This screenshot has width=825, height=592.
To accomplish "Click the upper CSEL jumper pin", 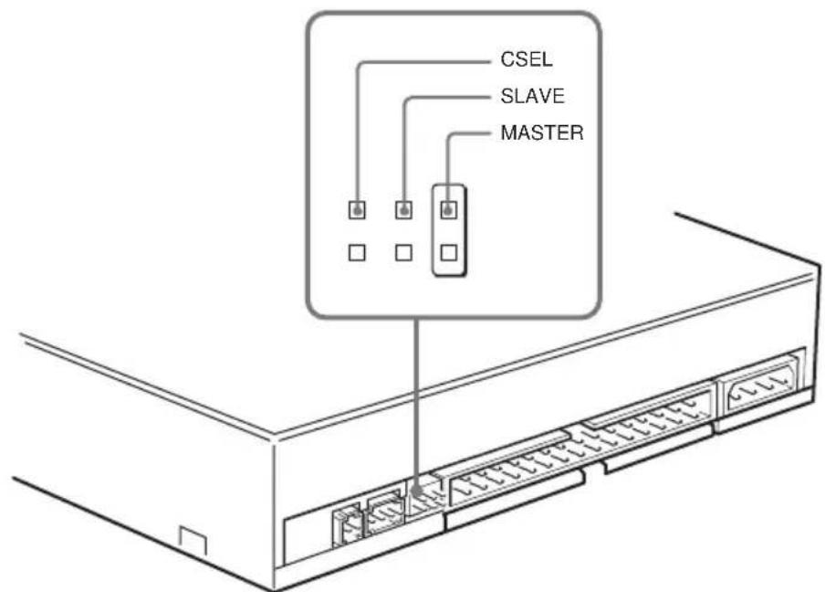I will [x=358, y=210].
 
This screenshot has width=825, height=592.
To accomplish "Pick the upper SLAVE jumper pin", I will [x=402, y=210].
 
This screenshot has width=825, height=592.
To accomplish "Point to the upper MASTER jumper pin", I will [x=448, y=210].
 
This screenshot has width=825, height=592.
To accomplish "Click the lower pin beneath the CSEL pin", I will [x=358, y=249].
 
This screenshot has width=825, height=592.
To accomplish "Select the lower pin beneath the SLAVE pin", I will [x=402, y=249].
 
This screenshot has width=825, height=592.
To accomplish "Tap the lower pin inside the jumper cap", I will [x=448, y=249].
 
